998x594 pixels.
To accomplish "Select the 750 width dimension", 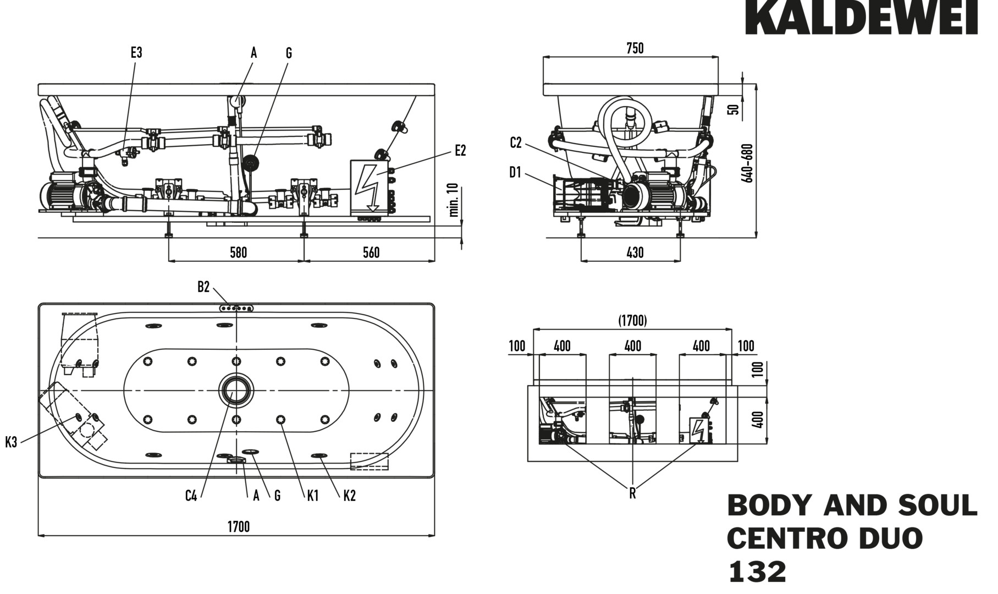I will [635, 48].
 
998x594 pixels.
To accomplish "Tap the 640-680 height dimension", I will [747, 163].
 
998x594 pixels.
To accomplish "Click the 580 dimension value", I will [238, 252].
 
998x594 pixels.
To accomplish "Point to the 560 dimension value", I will [371, 252].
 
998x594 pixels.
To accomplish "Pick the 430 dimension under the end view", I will [635, 252].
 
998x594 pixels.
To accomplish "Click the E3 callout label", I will [136, 53].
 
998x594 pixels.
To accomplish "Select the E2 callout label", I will [460, 151].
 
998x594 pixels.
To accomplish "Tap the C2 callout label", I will [515, 143].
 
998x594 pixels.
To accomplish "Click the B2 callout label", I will [203, 287].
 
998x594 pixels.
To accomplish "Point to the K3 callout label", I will [11, 442].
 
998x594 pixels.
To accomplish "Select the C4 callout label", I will [191, 496].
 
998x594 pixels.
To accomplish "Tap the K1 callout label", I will [312, 496].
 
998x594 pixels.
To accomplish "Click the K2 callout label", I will [349, 496].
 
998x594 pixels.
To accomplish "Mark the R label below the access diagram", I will [632, 493].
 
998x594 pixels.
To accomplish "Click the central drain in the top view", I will [236, 390].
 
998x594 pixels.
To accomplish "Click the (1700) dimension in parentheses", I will [632, 320].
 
